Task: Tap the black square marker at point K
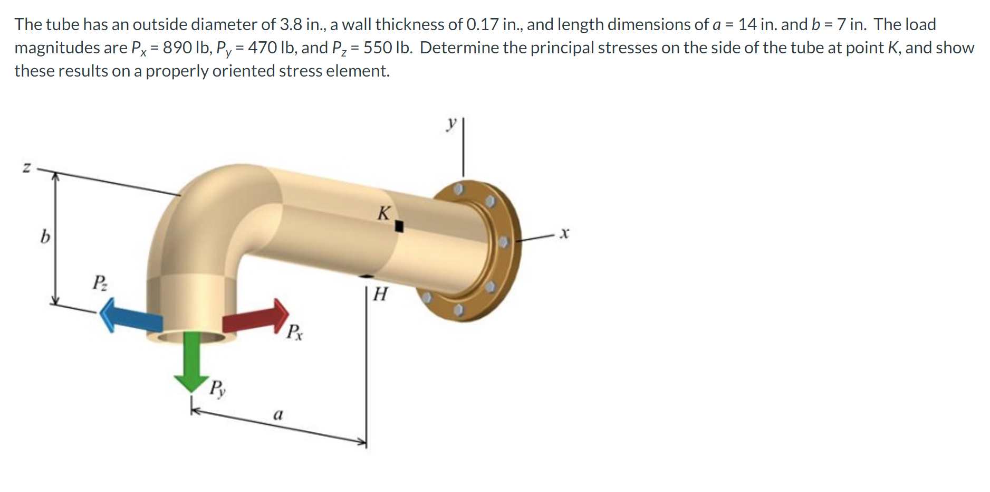(399, 226)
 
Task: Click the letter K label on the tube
(383, 213)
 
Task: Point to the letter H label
(380, 294)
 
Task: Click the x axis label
(564, 233)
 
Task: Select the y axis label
(451, 124)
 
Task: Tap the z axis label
(26, 168)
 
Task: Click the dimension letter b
(45, 236)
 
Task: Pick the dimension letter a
(278, 414)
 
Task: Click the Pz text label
(100, 282)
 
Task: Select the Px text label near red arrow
(294, 332)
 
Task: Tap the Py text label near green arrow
(217, 389)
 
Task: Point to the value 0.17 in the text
(483, 24)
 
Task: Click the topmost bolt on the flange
(459, 188)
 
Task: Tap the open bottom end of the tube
(191, 337)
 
